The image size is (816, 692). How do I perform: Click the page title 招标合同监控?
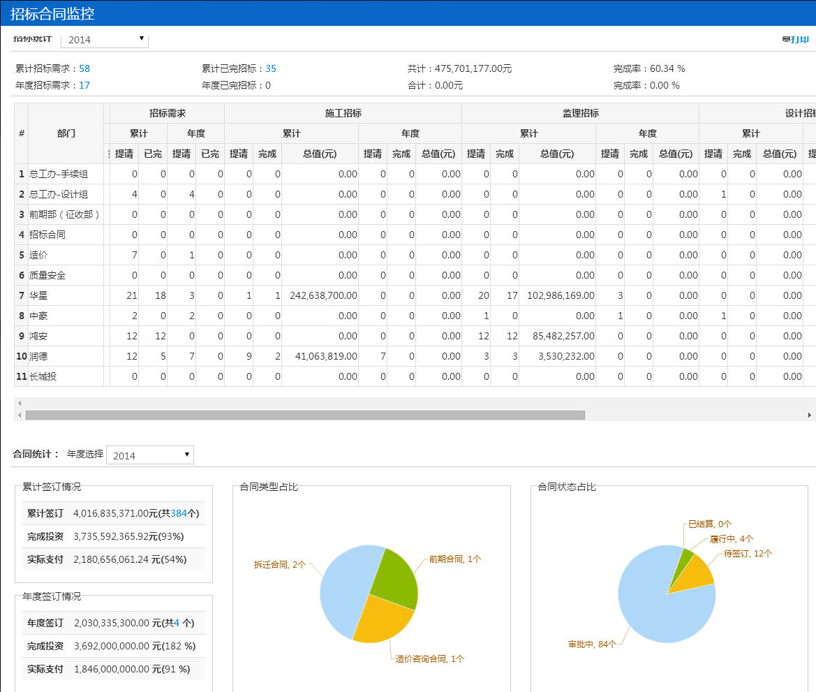[52, 13]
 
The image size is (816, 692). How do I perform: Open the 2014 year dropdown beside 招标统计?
[105, 40]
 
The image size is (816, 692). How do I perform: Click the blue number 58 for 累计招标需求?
[84, 68]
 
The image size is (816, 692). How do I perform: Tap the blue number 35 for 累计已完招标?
[271, 68]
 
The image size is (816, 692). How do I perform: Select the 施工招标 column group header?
[343, 113]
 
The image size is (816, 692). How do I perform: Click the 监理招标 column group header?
[580, 113]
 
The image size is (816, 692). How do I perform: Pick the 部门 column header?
[66, 133]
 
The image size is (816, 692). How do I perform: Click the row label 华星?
[38, 295]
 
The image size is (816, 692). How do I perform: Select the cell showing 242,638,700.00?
[319, 295]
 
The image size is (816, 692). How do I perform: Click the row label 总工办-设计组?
[59, 194]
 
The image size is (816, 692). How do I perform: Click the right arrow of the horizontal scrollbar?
[810, 415]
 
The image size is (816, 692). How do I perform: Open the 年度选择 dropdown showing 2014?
[150, 455]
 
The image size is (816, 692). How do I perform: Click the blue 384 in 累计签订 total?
[179, 513]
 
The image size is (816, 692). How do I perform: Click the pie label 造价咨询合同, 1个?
[429, 658]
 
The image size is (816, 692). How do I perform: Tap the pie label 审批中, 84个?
[592, 644]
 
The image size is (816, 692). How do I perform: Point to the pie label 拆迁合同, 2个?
[279, 564]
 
